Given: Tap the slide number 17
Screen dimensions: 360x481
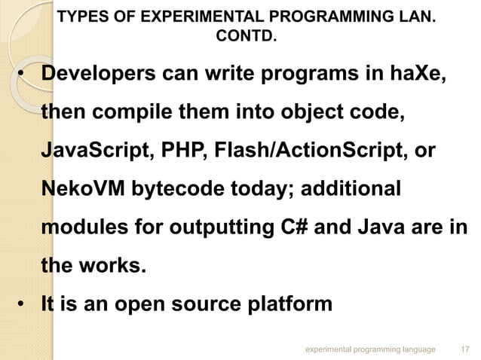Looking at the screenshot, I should point(465,349).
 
